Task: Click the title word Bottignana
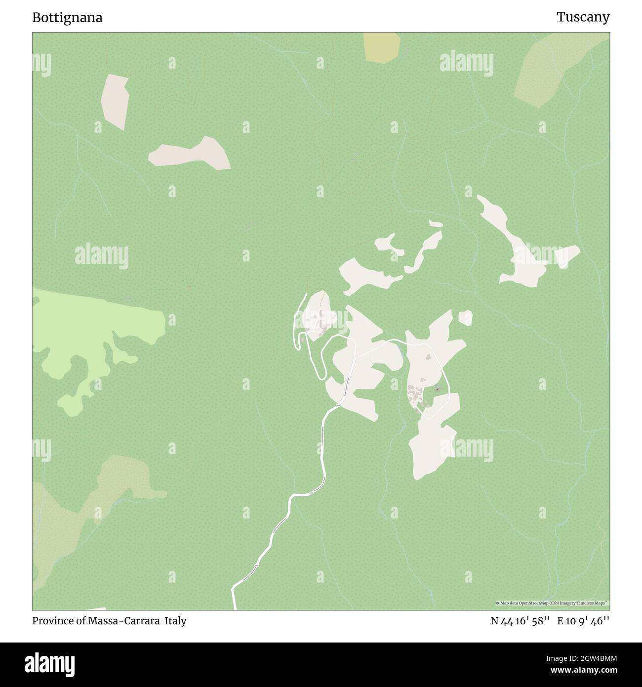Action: (x=67, y=18)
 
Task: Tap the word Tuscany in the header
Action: (x=583, y=17)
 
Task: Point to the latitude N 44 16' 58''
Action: (x=521, y=621)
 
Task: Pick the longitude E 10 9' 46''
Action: (x=583, y=621)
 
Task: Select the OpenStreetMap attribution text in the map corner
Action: (x=552, y=603)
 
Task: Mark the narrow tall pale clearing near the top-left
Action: (x=115, y=101)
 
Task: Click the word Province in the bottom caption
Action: (x=53, y=621)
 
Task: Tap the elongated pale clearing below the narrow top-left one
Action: (x=190, y=153)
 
